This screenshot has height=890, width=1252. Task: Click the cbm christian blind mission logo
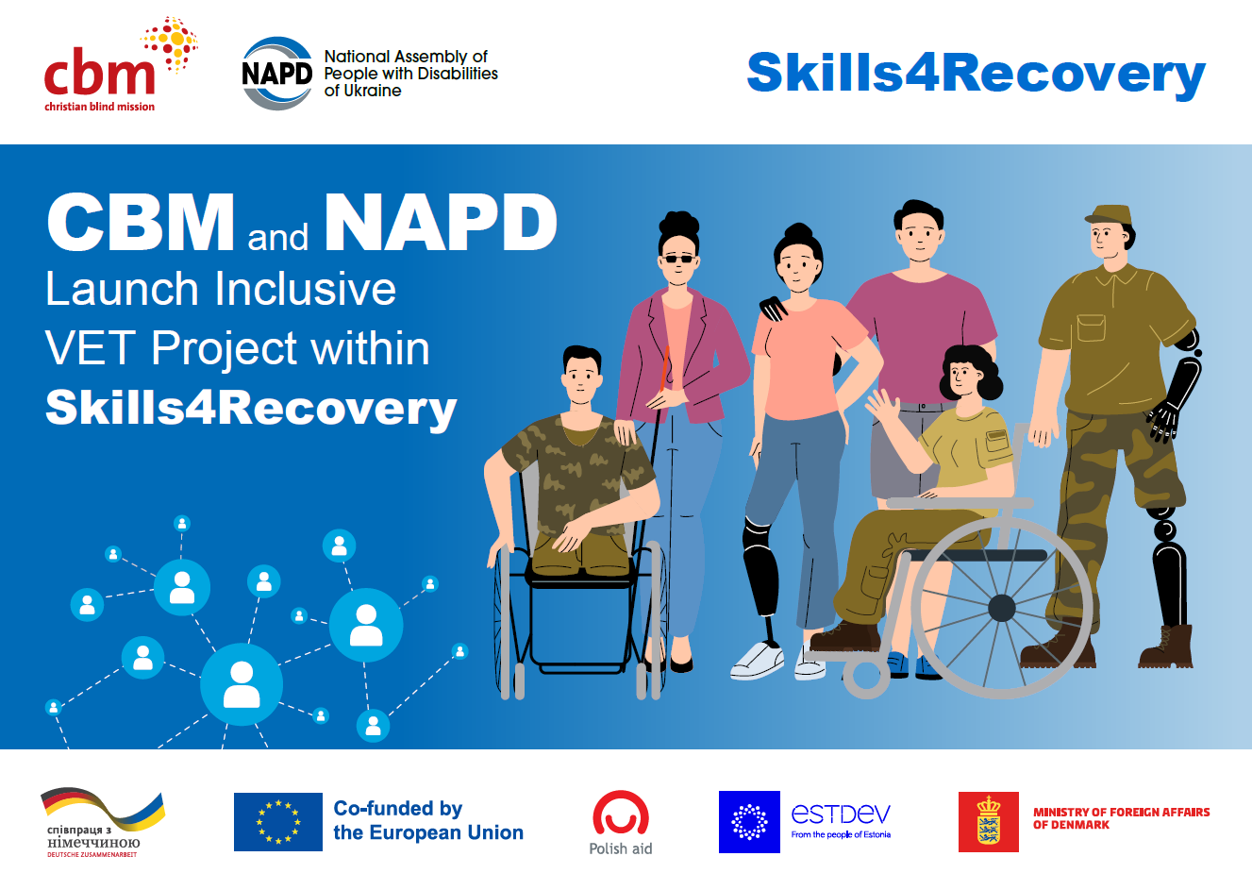coord(121,64)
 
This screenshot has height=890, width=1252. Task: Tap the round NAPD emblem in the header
coord(276,74)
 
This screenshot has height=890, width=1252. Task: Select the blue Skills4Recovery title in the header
coord(976,75)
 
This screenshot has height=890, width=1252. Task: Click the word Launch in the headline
coord(122,289)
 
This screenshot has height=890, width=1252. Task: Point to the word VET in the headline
coord(90,348)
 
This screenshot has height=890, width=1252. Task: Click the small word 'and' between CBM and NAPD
coord(277,238)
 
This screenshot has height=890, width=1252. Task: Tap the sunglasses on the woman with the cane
coord(678,259)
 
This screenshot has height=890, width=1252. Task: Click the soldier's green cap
coord(1109,215)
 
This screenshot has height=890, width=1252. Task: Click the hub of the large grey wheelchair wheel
coord(1002,608)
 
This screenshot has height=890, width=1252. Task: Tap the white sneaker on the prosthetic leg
coord(758,661)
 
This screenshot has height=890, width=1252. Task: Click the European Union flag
coord(277,822)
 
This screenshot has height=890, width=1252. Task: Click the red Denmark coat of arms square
coord(988,822)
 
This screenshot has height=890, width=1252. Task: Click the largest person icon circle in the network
coord(242,684)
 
